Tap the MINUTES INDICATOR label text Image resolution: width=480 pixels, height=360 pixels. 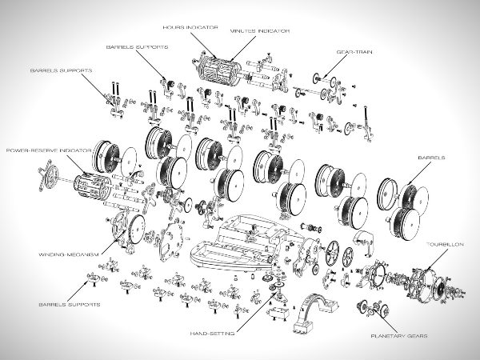(x=259, y=31)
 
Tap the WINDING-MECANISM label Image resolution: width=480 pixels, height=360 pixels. (x=68, y=254)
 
